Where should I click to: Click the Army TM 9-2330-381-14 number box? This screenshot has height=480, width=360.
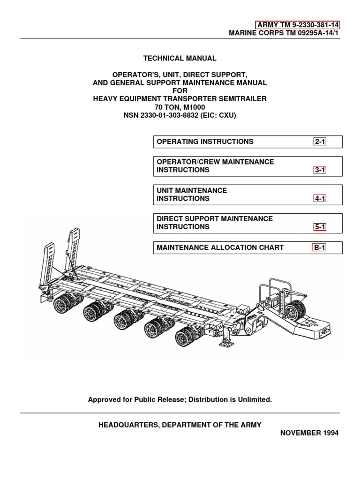tap(298, 25)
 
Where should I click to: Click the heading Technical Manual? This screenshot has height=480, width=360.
tap(180, 59)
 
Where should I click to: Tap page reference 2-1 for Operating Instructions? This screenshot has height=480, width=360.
tap(320, 142)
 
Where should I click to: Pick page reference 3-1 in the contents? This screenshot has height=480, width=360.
tap(320, 170)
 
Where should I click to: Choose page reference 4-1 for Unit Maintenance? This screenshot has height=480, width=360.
tap(320, 198)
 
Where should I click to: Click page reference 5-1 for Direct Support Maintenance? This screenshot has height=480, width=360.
tap(320, 227)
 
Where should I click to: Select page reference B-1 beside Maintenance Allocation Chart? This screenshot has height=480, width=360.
tap(320, 247)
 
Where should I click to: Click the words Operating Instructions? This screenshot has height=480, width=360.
tap(205, 142)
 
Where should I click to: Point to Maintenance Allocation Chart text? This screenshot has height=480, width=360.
tap(220, 247)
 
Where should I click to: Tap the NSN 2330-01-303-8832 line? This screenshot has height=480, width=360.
tap(180, 114)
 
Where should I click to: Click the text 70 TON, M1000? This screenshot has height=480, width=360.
tap(180, 106)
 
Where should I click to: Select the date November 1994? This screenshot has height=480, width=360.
tap(309, 433)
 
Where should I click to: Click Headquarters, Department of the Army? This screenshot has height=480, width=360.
tap(180, 425)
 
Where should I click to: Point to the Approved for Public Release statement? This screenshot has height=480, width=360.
tap(180, 400)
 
